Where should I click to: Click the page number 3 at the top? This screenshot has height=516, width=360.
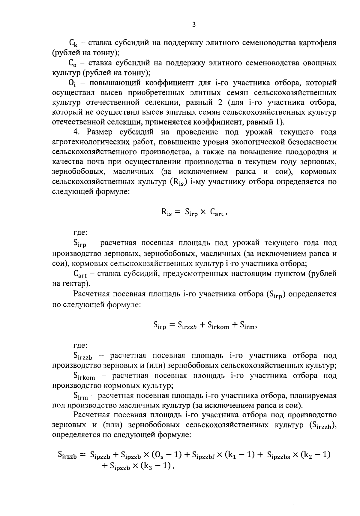click(x=194, y=25)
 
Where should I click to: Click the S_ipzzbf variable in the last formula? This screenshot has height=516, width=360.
click(x=202, y=455)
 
